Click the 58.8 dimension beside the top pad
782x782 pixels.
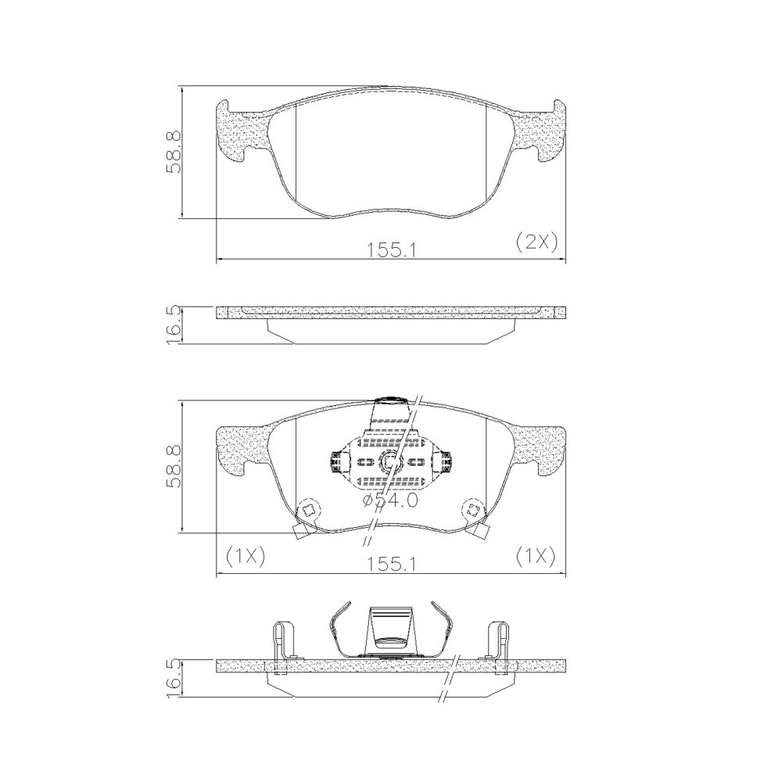point(174,152)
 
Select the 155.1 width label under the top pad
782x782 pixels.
point(392,250)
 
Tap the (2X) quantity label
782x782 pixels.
point(536,242)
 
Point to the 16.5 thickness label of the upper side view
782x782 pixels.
point(174,325)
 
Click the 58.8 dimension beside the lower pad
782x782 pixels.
point(174,466)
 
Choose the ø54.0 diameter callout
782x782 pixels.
point(390,500)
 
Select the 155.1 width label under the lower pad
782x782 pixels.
point(392,564)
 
